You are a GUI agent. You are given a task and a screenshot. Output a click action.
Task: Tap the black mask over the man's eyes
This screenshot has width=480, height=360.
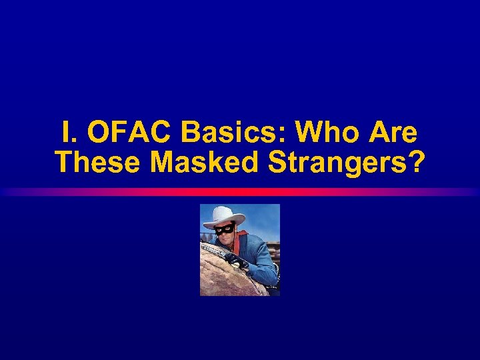point(225,229)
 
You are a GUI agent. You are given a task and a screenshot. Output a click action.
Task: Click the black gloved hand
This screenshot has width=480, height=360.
point(236,259)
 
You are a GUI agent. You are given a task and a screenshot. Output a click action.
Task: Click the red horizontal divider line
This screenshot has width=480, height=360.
point(240,192)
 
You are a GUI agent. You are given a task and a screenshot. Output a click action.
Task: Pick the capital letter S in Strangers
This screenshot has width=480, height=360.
point(278,163)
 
